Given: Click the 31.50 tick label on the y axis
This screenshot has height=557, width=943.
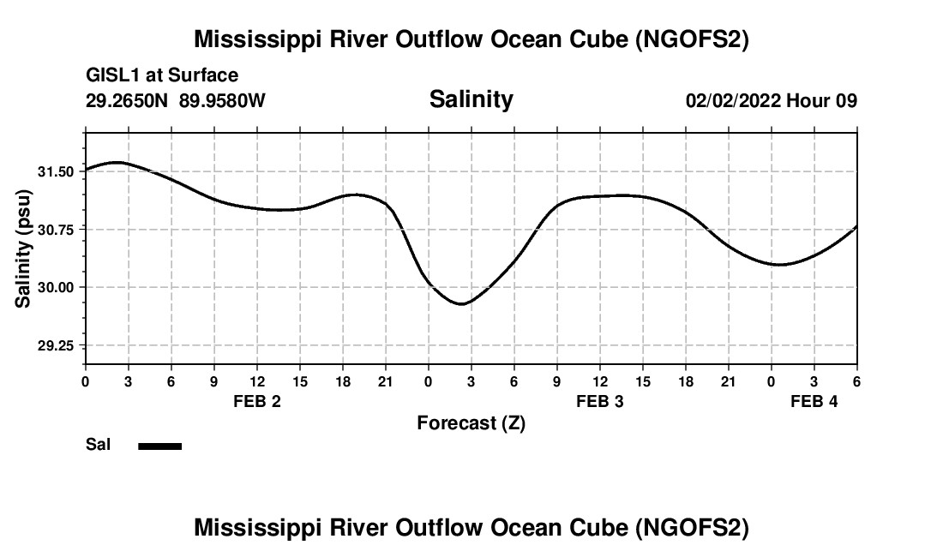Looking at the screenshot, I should point(56,171).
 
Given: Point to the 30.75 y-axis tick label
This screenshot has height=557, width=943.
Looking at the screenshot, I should point(56,230).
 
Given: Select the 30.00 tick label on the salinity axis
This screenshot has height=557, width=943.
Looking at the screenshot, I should point(56,287).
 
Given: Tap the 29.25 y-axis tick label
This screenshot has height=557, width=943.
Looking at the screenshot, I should point(56,345).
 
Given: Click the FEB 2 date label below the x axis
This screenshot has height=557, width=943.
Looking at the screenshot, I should point(257,401).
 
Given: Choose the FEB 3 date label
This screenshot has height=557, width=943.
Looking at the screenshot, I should point(600,401).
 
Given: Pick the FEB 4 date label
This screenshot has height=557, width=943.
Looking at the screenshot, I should point(814,401).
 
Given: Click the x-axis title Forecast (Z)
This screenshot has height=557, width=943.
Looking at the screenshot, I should point(471,422).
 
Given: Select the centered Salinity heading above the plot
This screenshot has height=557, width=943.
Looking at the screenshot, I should point(471,99).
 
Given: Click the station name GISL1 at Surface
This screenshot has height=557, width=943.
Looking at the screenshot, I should point(162,75).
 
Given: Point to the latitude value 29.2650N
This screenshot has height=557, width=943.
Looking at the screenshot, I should point(128,100).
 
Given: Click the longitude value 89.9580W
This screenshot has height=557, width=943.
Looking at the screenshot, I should point(222,100).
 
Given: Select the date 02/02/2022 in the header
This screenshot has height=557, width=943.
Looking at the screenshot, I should point(733,100).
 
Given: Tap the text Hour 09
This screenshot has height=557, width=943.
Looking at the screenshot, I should point(822,100).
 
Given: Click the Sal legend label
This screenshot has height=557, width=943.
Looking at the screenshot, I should point(99,445).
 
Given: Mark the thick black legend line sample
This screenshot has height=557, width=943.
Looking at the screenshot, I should point(159,446).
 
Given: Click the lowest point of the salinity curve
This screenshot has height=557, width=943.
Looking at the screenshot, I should point(461,303).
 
